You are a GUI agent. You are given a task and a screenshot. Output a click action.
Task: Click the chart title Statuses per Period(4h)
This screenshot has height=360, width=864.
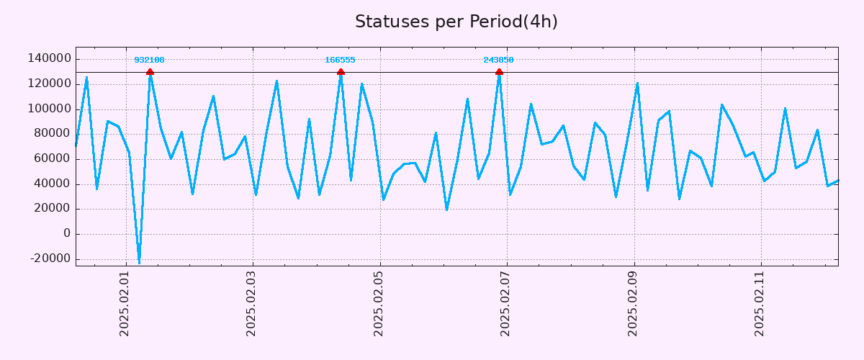click(x=456, y=22)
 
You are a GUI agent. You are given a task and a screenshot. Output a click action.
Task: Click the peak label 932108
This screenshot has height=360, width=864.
click(x=149, y=60)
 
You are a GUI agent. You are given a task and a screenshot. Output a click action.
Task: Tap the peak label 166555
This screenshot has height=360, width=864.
click(x=340, y=60)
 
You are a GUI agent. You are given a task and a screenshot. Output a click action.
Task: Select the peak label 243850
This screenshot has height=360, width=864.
click(x=498, y=60)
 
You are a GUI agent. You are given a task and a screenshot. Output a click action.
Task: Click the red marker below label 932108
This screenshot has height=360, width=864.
click(x=150, y=72)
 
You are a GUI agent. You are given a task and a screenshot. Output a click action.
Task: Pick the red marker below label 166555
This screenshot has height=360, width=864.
click(x=341, y=72)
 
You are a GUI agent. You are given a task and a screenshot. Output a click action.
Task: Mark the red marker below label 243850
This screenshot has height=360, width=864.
click(x=499, y=72)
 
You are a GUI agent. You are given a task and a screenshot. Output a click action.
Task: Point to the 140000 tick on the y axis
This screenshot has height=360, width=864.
click(x=50, y=59)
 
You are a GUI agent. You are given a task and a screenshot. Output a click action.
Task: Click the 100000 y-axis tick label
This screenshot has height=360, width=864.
click(x=50, y=109)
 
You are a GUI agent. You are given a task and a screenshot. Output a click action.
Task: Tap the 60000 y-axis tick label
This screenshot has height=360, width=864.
click(x=53, y=158)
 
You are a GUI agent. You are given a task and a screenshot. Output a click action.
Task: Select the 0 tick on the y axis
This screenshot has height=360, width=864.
click(x=67, y=233)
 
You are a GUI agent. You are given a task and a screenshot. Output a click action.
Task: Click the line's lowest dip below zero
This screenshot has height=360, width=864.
click(x=140, y=262)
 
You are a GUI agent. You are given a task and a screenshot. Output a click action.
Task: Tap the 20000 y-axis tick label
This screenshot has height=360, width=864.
click(x=53, y=209)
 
